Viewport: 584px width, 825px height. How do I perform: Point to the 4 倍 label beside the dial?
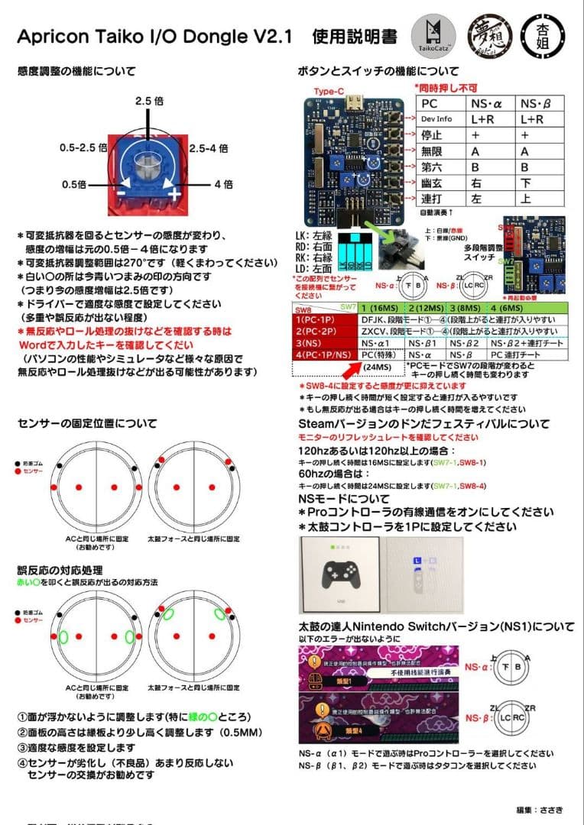click(223, 184)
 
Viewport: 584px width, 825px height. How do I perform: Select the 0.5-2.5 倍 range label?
click(86, 147)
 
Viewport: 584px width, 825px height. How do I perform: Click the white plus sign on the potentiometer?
click(175, 195)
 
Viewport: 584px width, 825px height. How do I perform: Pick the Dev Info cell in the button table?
click(436, 119)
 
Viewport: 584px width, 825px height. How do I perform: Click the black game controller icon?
click(340, 573)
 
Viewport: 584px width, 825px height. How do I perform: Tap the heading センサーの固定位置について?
click(87, 422)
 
